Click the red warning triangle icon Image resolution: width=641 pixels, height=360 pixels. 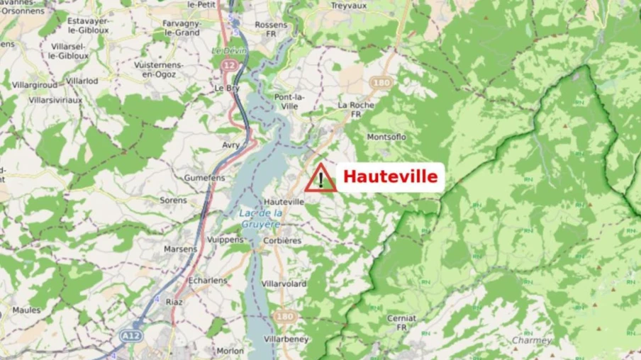320,179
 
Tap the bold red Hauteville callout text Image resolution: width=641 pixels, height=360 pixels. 390,177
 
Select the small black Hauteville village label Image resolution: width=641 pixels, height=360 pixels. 284,202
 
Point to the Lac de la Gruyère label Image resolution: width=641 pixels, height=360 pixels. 260,217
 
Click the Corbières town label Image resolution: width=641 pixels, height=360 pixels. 282,241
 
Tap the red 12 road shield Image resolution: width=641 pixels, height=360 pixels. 228,65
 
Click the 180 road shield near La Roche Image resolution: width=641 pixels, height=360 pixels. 381,83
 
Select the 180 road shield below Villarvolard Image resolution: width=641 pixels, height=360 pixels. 285,316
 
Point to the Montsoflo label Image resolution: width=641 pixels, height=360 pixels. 386,137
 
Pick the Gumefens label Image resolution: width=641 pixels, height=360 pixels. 204,178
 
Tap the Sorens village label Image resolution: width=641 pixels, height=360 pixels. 173,201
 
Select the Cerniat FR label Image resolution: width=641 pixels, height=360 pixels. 401,322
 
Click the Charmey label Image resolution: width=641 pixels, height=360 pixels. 532,340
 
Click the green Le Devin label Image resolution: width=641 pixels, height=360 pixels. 229,51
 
